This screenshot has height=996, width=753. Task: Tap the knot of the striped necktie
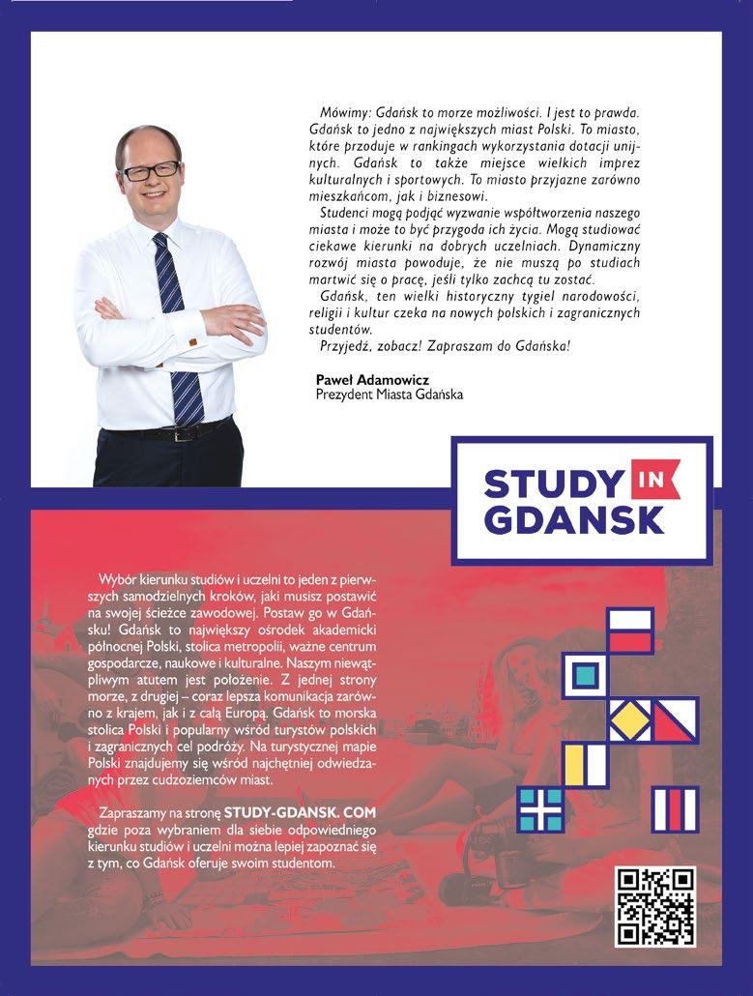(161, 242)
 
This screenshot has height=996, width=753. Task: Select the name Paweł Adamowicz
(359, 379)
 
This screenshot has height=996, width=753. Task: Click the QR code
(655, 907)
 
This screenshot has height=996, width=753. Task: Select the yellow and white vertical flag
(585, 764)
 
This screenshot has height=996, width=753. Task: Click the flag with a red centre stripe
(675, 809)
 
